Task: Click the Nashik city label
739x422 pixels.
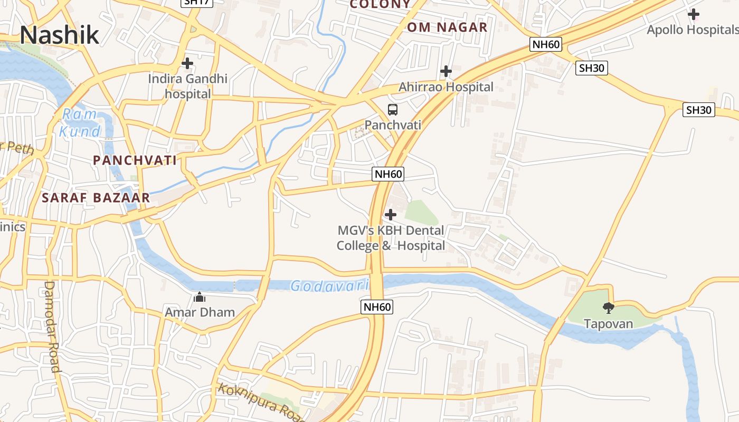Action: tap(59, 35)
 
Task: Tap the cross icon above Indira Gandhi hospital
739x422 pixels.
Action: tap(187, 63)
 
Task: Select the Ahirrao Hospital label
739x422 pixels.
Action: tap(446, 87)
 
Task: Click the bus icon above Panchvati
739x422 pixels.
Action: tap(393, 110)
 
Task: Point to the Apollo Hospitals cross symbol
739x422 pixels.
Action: tap(694, 14)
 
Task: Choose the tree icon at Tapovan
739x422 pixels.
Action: tap(608, 308)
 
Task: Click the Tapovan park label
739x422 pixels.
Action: tap(608, 323)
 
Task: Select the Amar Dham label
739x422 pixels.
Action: tap(200, 312)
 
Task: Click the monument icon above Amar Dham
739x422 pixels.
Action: tap(200, 298)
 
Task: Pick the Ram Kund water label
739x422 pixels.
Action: tap(80, 122)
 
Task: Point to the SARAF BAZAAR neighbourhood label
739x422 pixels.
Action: tap(96, 198)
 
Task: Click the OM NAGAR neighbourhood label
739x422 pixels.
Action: tap(447, 27)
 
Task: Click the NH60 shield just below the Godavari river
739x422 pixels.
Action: tap(377, 307)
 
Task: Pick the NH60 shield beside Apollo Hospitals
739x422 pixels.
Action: tap(546, 44)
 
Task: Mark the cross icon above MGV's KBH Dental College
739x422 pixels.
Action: tap(391, 215)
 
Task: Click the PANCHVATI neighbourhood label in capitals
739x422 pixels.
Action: tap(135, 160)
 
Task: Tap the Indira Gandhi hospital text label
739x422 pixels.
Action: tap(187, 87)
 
